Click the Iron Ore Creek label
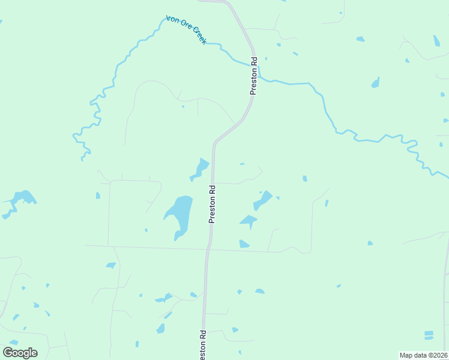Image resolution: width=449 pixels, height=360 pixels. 186,29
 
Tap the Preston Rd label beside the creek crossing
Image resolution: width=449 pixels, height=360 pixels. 254,76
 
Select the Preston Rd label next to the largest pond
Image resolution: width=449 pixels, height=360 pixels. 212,204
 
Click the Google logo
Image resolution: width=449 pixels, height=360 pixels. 20,353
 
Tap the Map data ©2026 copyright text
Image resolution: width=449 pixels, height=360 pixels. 423,355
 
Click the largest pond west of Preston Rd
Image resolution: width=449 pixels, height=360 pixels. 181,214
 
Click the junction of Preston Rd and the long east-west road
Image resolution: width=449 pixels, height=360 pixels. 208,248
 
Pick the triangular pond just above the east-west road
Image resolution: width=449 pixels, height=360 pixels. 243,244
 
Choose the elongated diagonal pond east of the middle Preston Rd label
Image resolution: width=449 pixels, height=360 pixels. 262,199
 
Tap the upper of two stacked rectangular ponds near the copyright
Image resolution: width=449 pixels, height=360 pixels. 429,332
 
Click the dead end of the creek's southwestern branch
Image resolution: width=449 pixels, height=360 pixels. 82,160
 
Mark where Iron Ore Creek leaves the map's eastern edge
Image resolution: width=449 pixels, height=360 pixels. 447,177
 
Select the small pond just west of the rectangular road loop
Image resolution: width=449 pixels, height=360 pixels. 98,196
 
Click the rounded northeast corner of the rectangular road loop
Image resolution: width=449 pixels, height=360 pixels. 157,182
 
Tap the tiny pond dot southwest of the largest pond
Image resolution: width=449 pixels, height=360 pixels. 146,230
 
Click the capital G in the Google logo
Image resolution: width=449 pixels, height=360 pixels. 8,352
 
